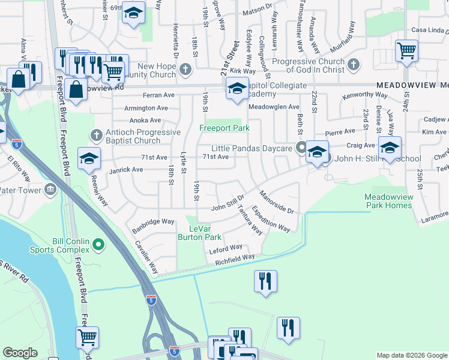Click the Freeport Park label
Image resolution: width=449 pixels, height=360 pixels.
(224, 128)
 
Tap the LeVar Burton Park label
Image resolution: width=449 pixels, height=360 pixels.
(199, 233)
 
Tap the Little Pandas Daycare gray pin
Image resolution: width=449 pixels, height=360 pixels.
(301, 148)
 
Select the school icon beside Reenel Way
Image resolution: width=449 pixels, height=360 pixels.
(89, 158)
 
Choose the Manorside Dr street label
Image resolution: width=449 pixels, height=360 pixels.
(276, 203)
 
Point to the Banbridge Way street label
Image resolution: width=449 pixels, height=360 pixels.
(154, 221)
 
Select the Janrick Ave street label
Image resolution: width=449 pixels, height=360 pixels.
(126, 170)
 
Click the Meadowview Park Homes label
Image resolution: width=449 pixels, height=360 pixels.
(388, 201)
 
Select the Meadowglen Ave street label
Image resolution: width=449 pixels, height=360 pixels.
(274, 107)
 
